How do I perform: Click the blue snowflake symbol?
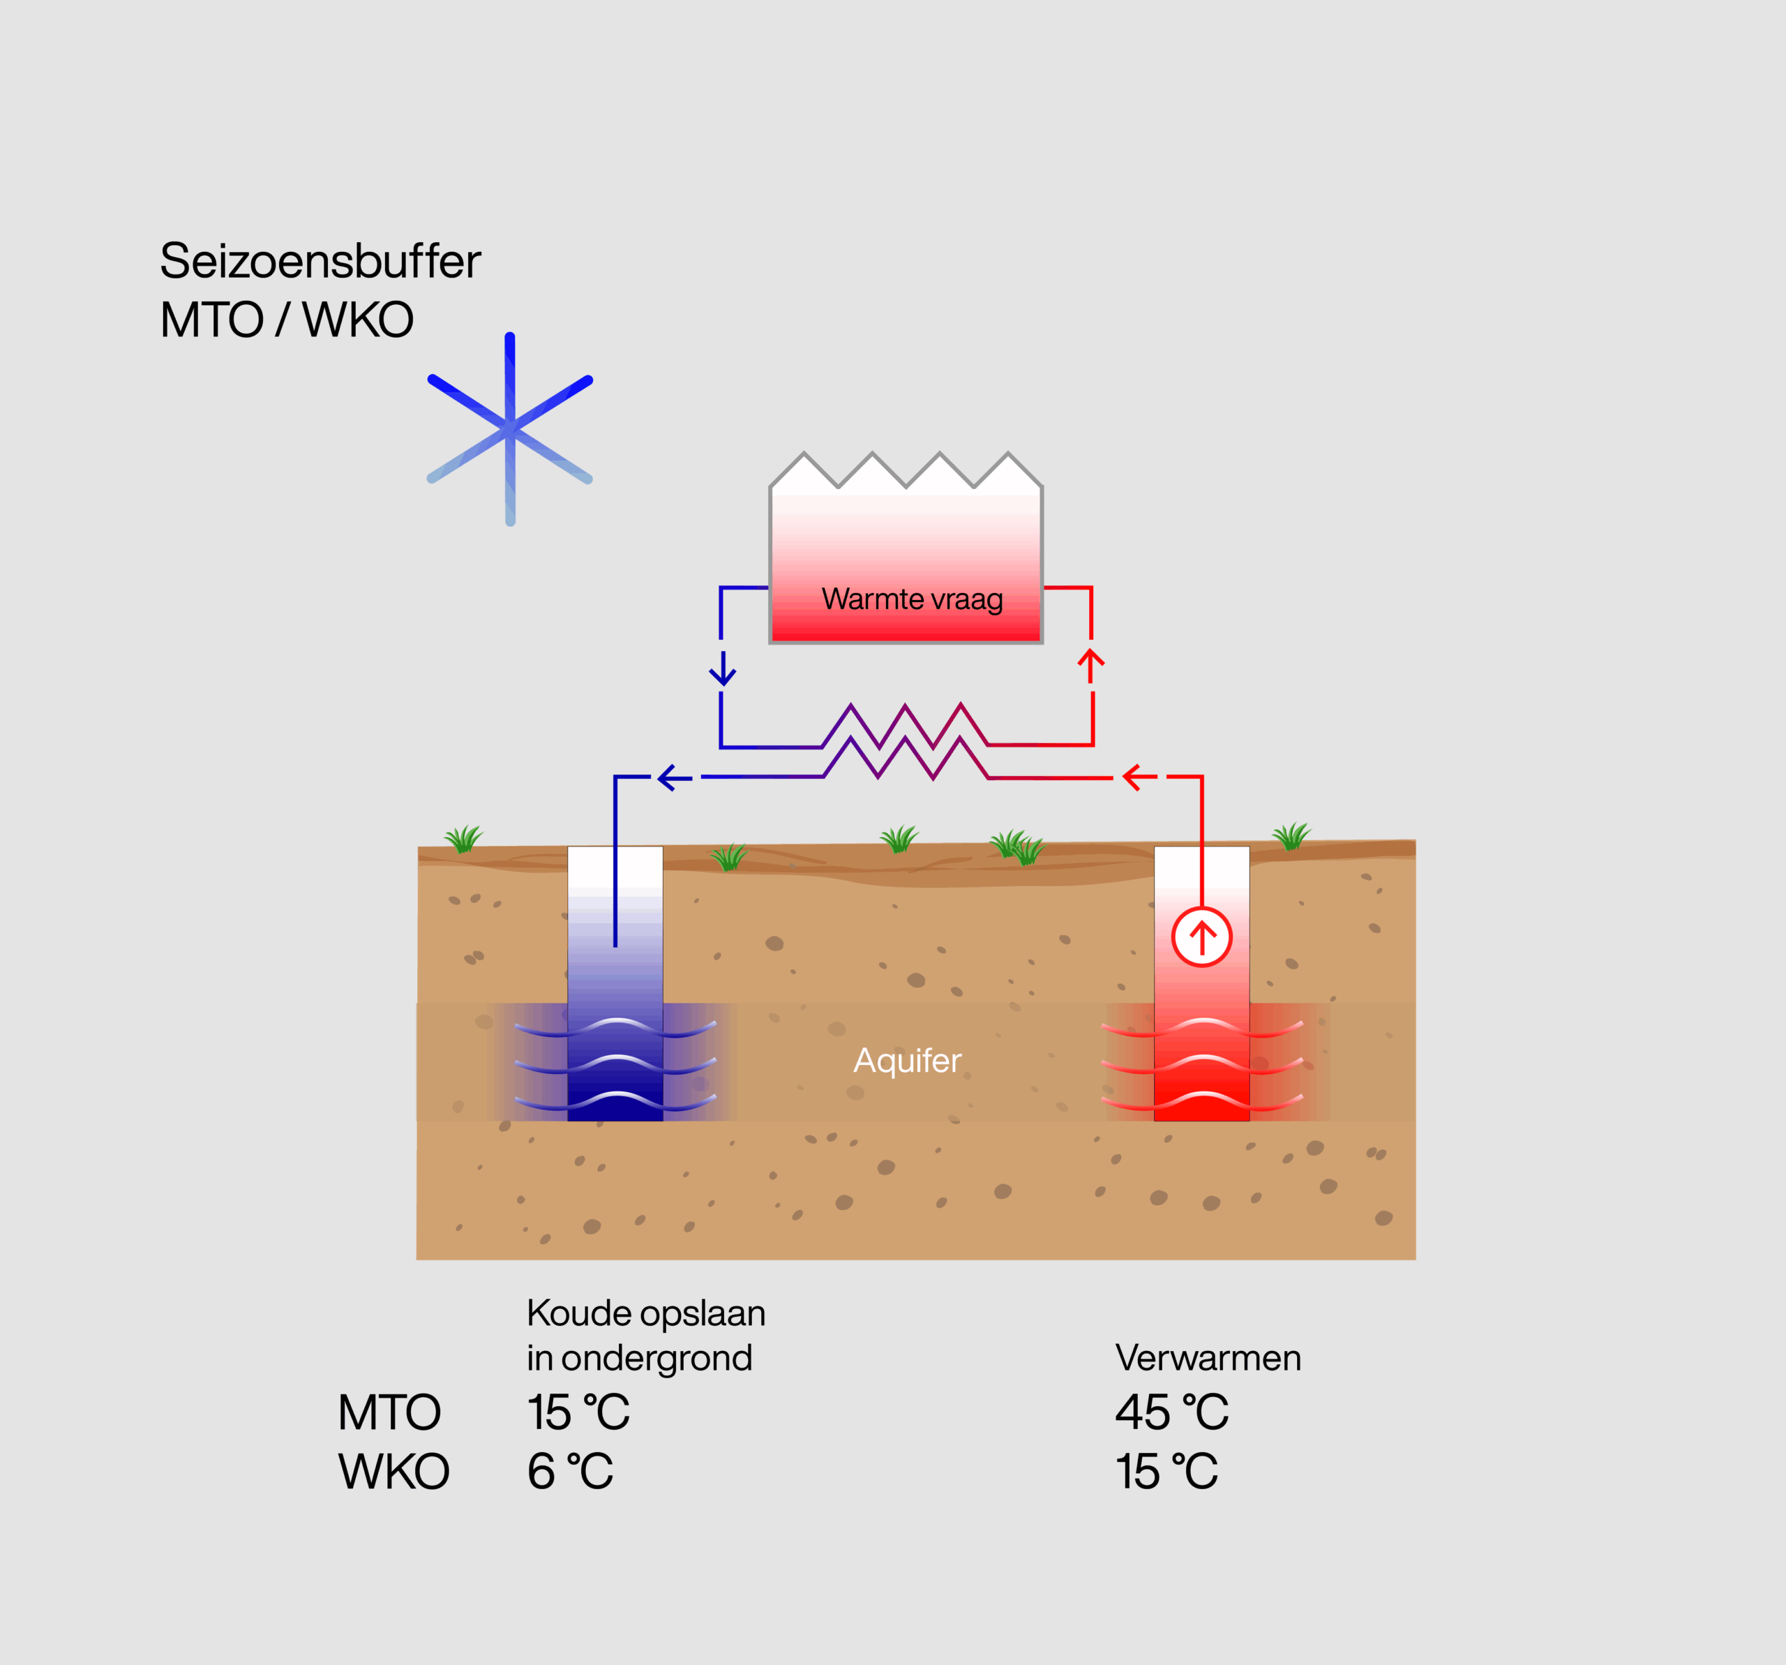pyautogui.click(x=509, y=428)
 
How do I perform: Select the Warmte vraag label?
pyautogui.click(x=912, y=599)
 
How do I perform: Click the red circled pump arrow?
pyautogui.click(x=1201, y=937)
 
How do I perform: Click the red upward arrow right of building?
pyautogui.click(x=1090, y=665)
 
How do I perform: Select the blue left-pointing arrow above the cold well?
pyautogui.click(x=675, y=777)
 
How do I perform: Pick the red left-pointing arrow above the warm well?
pyautogui.click(x=1140, y=777)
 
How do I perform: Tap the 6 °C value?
pyautogui.click(x=569, y=1471)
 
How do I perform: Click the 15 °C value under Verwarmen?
pyautogui.click(x=1166, y=1471)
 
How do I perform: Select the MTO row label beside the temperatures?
pyautogui.click(x=389, y=1412)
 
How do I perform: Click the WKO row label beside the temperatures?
pyautogui.click(x=393, y=1472)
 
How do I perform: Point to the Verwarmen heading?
pyautogui.click(x=1208, y=1358)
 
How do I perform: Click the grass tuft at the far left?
pyautogui.click(x=463, y=839)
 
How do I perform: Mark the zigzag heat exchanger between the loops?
pyautogui.click(x=906, y=742)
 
